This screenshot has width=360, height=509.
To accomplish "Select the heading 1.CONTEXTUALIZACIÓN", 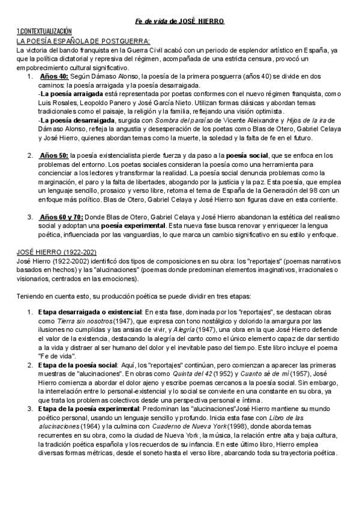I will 44,31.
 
